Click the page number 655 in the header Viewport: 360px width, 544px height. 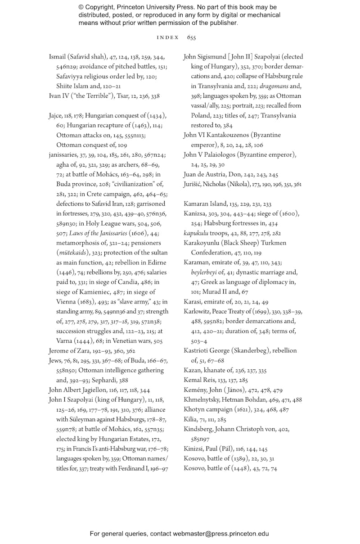[191, 37]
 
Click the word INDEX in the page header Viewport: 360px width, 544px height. [167, 37]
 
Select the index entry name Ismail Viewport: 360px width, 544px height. [58, 57]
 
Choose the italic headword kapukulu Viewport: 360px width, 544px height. [196, 233]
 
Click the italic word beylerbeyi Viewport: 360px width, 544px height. [206, 272]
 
